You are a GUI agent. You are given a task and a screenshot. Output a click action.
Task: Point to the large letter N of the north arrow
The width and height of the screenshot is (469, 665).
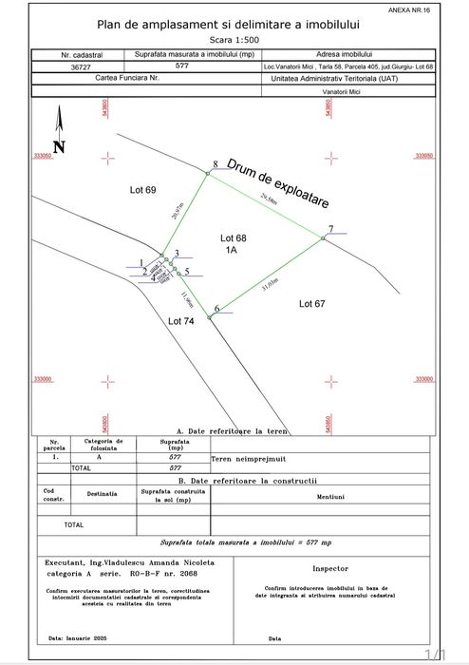(58, 147)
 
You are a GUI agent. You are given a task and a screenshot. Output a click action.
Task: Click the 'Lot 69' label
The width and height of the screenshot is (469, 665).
(142, 191)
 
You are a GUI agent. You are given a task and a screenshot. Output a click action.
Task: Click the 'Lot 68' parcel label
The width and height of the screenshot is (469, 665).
(233, 237)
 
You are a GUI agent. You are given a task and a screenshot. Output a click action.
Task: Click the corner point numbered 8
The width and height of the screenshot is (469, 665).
(208, 173)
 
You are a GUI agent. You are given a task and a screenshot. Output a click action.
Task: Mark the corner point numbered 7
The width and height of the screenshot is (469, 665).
(324, 238)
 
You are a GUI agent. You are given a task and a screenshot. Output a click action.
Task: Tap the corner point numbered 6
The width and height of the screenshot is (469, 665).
(210, 315)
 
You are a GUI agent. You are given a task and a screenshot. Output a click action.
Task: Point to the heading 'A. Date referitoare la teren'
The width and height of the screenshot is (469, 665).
(233, 430)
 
